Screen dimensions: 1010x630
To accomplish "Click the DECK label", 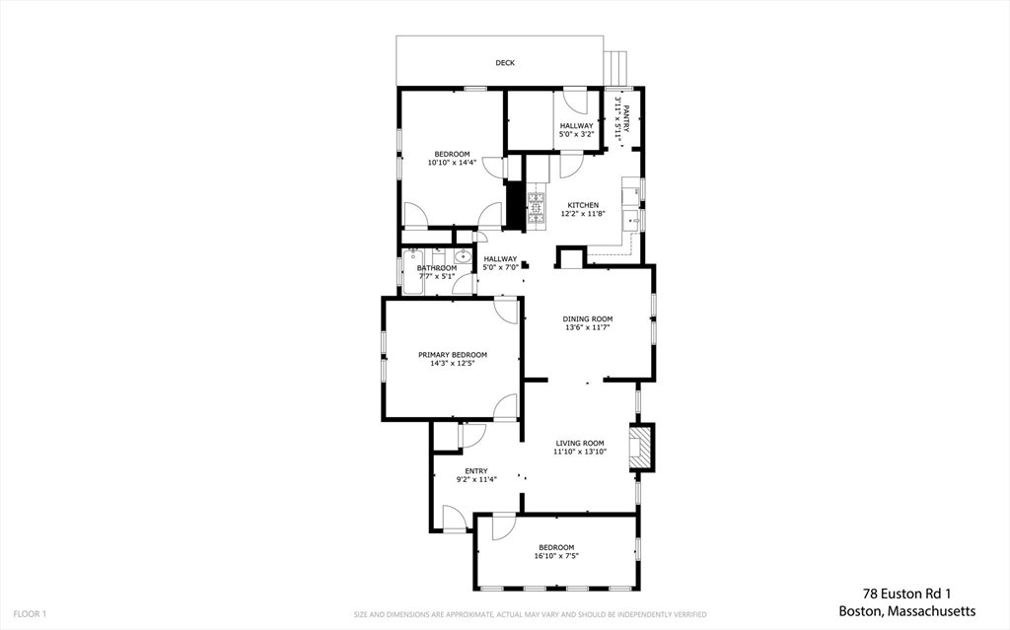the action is coord(505,63).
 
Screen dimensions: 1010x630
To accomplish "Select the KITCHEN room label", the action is coord(583,205).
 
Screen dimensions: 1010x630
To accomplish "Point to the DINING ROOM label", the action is coord(588,318).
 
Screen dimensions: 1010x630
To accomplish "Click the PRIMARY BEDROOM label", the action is coord(453,355).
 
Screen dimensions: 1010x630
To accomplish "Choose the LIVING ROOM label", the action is coord(580,444).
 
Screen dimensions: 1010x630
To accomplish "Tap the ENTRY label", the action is coord(476,471).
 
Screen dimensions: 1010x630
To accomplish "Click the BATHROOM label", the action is coord(437,268).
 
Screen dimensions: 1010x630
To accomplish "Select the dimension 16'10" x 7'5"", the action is coord(556,556).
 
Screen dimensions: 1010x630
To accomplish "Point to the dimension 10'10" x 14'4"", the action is coord(452,163).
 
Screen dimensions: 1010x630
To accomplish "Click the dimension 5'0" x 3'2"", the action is coord(576,134).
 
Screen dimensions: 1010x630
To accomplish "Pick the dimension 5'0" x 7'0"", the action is coord(500,266).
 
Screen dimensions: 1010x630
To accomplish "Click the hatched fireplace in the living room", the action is coord(640,447).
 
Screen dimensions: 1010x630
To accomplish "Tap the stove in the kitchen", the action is coord(537,209).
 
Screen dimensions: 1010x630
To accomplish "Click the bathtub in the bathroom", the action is coord(412,272).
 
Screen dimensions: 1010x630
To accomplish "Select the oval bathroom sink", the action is coord(462,257).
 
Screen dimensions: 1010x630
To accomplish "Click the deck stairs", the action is coord(616,69).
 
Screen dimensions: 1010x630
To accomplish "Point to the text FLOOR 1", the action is coord(30,614).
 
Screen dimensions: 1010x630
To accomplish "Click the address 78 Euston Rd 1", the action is coord(907,594).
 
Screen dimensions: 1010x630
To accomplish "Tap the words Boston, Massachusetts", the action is coord(907,610).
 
